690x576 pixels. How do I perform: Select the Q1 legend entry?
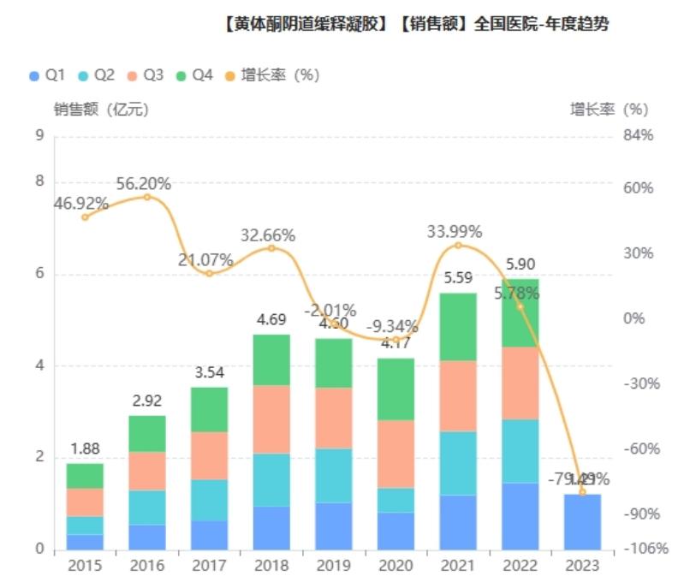47,75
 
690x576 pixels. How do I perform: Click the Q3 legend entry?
145,75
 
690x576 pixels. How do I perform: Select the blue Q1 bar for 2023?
582,521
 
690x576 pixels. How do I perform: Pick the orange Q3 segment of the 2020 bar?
396,454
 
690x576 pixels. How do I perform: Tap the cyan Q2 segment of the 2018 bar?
271,479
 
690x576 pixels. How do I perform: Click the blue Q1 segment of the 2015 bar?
85,542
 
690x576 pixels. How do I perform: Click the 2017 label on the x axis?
210,566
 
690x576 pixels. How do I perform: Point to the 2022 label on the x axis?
520,566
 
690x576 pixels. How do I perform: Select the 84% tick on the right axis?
637,135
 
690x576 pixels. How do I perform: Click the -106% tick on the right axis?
641,549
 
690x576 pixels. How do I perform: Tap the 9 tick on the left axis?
38,135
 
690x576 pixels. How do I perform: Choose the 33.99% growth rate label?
455,231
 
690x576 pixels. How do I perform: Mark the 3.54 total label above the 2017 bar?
210,372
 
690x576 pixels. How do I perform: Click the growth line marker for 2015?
85,217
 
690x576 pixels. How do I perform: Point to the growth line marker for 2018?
271,248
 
